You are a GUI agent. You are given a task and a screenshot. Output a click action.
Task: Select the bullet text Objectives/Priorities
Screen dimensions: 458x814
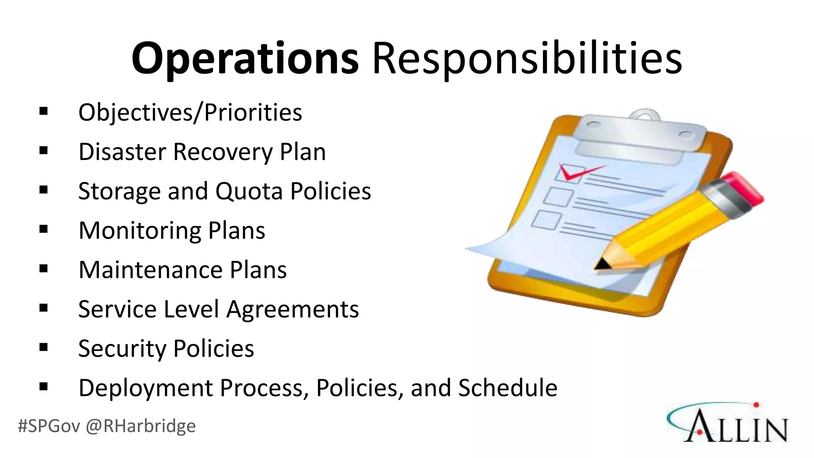(190, 113)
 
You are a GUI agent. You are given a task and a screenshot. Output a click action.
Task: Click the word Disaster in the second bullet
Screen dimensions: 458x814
(122, 152)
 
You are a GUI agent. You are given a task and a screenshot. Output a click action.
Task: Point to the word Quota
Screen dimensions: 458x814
(249, 191)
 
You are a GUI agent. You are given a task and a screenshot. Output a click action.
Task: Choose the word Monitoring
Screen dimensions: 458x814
(140, 231)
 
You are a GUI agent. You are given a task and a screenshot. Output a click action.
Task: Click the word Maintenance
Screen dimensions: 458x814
(151, 270)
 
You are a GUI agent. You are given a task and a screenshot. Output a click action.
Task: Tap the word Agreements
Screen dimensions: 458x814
(293, 310)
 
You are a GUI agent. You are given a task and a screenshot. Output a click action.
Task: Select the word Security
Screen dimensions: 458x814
(122, 349)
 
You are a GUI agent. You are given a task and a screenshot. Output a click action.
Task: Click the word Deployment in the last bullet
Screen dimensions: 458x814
(145, 388)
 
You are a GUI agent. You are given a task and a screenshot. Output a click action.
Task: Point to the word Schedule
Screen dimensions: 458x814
(508, 388)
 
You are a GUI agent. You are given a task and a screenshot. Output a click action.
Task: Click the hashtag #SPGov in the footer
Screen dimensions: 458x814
(49, 426)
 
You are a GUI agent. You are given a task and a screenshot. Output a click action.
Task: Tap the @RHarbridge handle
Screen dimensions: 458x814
(140, 426)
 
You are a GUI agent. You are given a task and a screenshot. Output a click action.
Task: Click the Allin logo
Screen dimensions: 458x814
(727, 423)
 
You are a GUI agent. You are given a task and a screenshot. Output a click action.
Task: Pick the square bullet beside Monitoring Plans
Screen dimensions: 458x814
(44, 229)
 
